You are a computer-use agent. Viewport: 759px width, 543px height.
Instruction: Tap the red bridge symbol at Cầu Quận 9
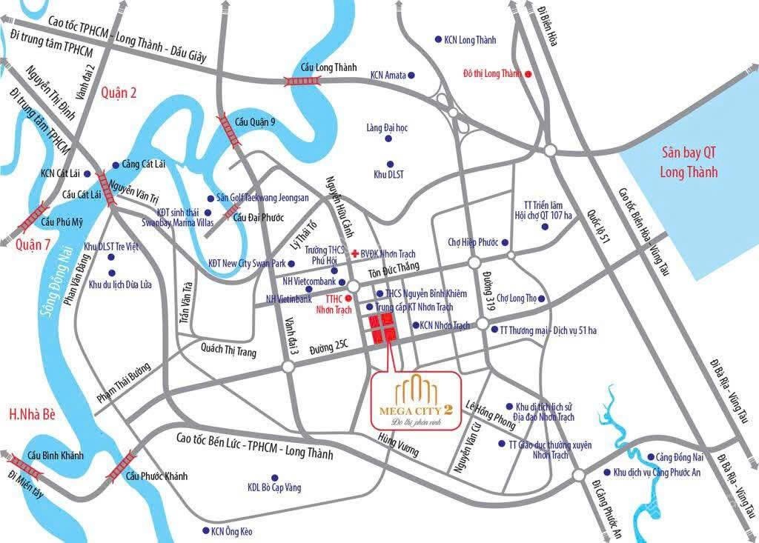225,130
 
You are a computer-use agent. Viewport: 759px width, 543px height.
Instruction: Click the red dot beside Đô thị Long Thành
528,74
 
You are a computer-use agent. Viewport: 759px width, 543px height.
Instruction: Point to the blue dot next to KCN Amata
412,75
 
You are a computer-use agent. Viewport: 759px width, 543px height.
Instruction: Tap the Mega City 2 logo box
417,399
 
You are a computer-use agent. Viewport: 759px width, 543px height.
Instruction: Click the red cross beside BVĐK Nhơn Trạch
354,252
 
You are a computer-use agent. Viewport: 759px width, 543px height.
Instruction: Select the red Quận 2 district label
116,92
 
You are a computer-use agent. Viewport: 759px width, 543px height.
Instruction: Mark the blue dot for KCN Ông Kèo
205,531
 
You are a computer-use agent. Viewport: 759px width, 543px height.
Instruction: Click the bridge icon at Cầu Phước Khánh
120,465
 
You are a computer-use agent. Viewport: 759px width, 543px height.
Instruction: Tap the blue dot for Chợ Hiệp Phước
505,242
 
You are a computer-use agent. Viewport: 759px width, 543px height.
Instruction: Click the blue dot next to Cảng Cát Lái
116,164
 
